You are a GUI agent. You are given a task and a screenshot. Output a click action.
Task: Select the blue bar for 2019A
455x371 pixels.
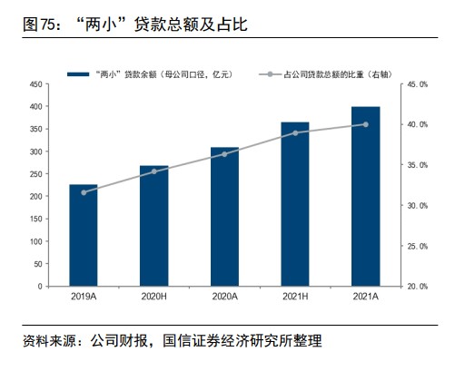click(84, 235)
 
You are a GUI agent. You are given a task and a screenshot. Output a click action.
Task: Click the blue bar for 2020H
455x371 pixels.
click(154, 226)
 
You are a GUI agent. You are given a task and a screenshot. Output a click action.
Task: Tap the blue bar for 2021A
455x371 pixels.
click(366, 197)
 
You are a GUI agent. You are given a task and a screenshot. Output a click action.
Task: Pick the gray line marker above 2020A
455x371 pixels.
click(224, 154)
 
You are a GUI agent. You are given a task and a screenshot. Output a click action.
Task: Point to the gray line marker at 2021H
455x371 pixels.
click(295, 133)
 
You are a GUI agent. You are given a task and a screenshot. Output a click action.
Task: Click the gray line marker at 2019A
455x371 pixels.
click(84, 192)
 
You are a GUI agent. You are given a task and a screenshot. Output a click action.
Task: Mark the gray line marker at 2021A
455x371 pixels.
click(366, 124)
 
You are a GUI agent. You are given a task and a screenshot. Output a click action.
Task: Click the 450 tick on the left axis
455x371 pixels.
click(36, 84)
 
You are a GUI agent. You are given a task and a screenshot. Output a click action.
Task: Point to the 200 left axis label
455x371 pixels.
click(36, 196)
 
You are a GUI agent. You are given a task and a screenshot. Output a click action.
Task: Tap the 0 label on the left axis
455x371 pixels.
click(40, 286)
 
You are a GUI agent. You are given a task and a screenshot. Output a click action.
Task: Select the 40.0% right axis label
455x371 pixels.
click(417, 124)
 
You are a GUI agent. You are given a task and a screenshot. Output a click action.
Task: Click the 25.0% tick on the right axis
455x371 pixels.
click(417, 247)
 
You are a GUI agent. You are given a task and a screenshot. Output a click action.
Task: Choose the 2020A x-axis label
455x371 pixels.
click(224, 297)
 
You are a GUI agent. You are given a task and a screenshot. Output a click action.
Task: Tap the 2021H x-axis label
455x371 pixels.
click(295, 297)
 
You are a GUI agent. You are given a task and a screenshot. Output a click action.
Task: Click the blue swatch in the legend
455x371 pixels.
click(78, 74)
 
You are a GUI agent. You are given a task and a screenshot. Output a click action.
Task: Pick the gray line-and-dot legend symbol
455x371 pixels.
click(270, 74)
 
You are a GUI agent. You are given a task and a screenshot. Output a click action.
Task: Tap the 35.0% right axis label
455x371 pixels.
click(417, 165)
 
